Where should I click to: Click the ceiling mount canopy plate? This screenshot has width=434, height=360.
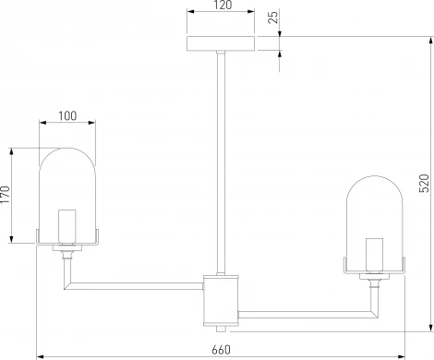coord(219,44)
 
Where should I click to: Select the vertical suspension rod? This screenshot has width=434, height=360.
coord(219,157)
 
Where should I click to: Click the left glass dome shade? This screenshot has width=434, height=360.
coord(68,185)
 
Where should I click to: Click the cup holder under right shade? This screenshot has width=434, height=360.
coord(375,274)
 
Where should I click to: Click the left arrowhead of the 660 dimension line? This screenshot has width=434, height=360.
coord(39,356)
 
